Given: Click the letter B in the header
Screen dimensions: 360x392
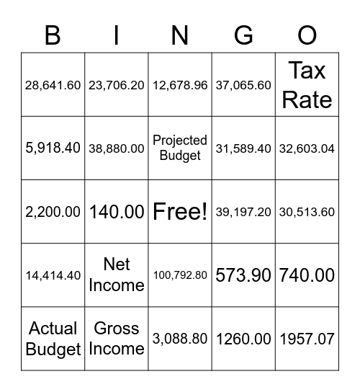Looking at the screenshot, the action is [x=53, y=35].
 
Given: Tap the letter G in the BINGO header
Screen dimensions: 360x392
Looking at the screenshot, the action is [x=243, y=35].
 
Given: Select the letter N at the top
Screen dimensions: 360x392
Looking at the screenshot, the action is [x=180, y=35].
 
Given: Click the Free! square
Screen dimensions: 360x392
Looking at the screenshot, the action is [x=180, y=212].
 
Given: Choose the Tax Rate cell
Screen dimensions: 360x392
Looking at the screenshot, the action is [x=307, y=85].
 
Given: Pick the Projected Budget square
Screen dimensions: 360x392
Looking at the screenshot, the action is [x=180, y=148].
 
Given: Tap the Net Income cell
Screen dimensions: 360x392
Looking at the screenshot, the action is [x=116, y=275].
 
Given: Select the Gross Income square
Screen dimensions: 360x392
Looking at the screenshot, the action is [x=116, y=339].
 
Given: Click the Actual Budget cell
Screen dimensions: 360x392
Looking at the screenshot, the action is [x=53, y=339].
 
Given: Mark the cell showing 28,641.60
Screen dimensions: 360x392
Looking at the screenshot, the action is [x=53, y=85].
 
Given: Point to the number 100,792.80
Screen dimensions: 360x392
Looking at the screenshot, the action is [x=180, y=275].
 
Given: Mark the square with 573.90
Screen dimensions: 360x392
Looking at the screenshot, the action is [x=243, y=275].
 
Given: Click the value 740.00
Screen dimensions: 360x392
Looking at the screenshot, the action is [x=307, y=275].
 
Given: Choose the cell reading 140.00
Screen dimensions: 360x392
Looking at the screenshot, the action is [x=116, y=212].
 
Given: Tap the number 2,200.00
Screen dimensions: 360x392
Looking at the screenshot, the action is [x=53, y=212].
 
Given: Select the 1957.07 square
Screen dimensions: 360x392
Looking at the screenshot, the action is [x=307, y=339].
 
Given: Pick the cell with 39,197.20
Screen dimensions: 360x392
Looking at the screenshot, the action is [x=243, y=212].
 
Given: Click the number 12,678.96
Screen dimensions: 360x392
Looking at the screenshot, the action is [x=180, y=85].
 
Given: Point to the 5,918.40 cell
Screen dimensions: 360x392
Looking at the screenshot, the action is [x=53, y=148].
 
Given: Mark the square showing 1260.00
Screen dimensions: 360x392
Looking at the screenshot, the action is [x=243, y=339].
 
